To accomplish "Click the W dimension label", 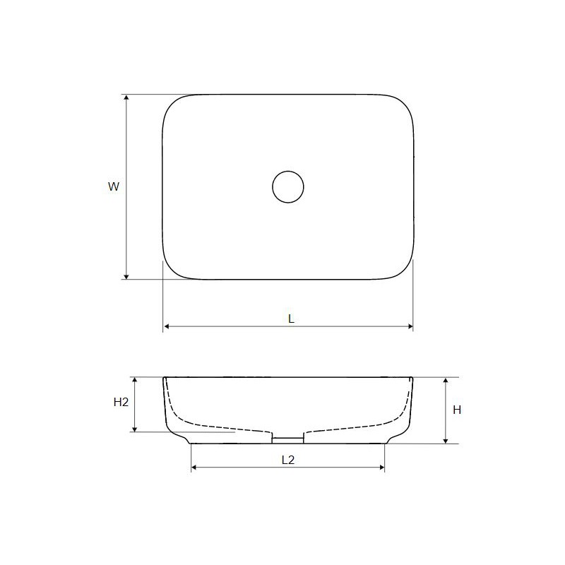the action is click(114, 186).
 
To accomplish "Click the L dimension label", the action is click(291, 319).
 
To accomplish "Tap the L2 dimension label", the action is click(288, 460).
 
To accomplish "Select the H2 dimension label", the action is click(121, 402).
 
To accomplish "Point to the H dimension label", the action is click(457, 410).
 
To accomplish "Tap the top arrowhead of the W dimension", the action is click(126, 97).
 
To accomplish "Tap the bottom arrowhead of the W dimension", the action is click(126, 276).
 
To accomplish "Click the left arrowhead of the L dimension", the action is click(167, 326).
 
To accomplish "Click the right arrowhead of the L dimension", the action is click(410, 326).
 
